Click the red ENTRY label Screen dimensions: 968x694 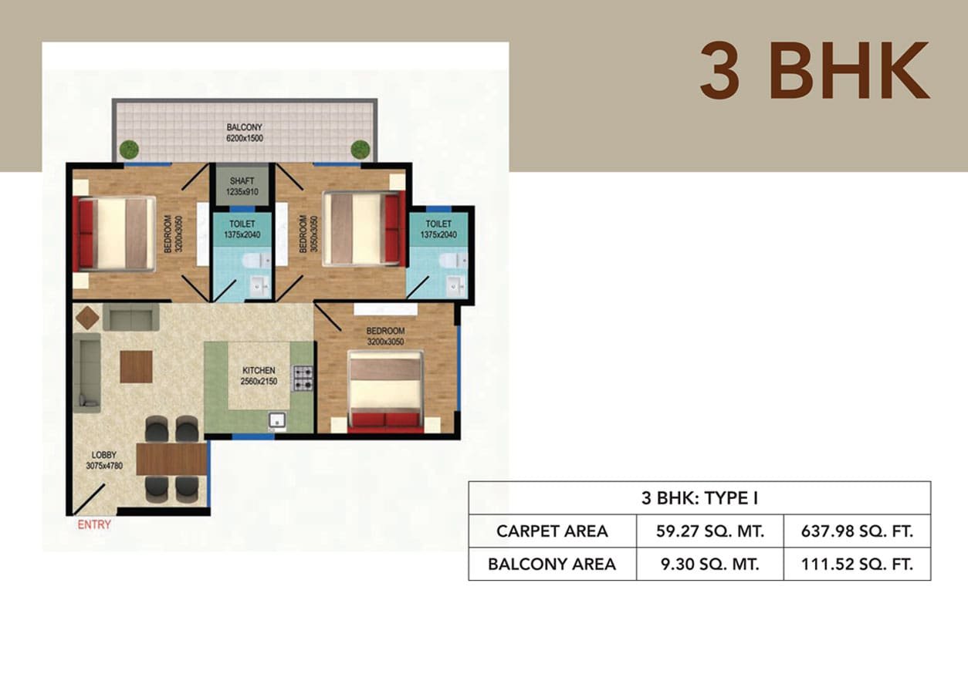coord(94,525)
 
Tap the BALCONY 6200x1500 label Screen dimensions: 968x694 coord(245,133)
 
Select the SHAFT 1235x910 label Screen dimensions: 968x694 coord(242,186)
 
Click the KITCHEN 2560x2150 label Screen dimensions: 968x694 coord(259,376)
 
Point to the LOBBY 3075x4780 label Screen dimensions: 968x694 coord(104,460)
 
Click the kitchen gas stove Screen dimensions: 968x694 coord(303,378)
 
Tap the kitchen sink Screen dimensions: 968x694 coord(277,420)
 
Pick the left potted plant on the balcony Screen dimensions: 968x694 coord(129,150)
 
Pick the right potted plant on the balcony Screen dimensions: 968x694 coord(360,150)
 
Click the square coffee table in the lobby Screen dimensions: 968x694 coord(136,367)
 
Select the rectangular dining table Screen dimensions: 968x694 coord(171,460)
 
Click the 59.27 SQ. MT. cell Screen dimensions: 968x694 coord(710,531)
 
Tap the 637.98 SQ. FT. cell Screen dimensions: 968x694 coord(857,531)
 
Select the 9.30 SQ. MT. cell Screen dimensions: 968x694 coord(710,564)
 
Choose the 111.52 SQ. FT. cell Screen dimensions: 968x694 coord(857,564)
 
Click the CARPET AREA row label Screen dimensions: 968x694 coord(552,531)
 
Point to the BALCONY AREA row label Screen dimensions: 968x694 coord(552,564)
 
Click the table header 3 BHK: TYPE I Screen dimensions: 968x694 coord(699,498)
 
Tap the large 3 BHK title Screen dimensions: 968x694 coord(814,71)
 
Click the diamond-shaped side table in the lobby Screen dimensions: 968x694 coord(88,318)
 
